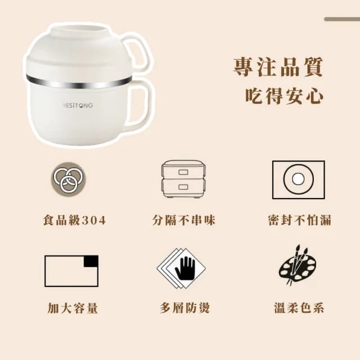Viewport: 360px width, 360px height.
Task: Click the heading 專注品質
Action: click(x=278, y=66)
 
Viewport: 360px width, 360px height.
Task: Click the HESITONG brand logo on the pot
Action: click(x=77, y=105)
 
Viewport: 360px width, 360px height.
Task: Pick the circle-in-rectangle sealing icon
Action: click(x=298, y=179)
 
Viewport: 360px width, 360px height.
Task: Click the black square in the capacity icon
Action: click(x=90, y=262)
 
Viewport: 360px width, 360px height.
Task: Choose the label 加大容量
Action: click(x=73, y=308)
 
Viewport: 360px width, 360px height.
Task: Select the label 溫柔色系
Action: click(x=298, y=308)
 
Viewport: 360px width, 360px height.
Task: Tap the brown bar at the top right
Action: click(x=341, y=19)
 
